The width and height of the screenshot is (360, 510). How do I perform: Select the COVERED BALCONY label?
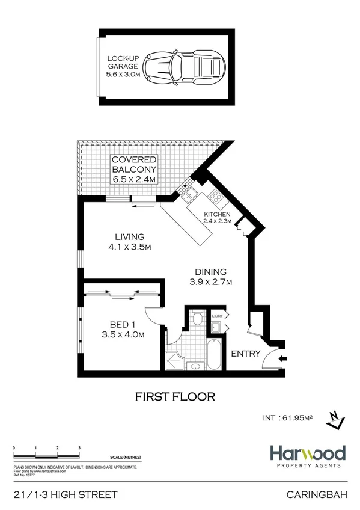(x=134, y=170)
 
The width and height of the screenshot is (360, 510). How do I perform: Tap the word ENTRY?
(x=246, y=354)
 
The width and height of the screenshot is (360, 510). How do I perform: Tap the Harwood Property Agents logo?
(x=307, y=455)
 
